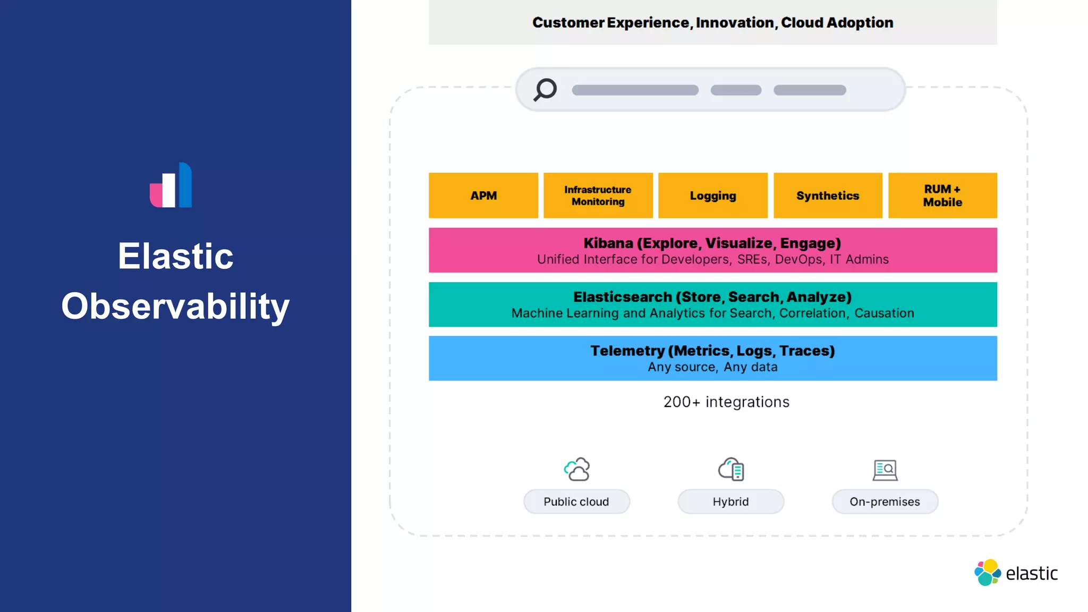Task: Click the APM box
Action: pyautogui.click(x=483, y=195)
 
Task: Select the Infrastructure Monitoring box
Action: pyautogui.click(x=598, y=195)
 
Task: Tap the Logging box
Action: pyautogui.click(x=712, y=195)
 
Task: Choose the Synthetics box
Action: pyautogui.click(x=827, y=195)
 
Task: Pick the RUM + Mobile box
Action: pyautogui.click(x=942, y=195)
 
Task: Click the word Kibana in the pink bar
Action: pyautogui.click(x=608, y=243)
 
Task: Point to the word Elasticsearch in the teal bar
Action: pyautogui.click(x=622, y=297)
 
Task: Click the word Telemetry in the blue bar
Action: pyautogui.click(x=627, y=351)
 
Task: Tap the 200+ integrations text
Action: pyautogui.click(x=726, y=402)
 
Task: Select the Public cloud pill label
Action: pyautogui.click(x=576, y=501)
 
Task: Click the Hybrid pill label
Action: pyautogui.click(x=730, y=501)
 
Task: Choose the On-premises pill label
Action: pyautogui.click(x=885, y=501)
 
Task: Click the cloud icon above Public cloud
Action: pyautogui.click(x=576, y=470)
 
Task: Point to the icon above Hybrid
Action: pyautogui.click(x=731, y=470)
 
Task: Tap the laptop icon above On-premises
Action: pyautogui.click(x=885, y=470)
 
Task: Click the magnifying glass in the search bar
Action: pyautogui.click(x=545, y=89)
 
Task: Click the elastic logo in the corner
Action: pyautogui.click(x=1016, y=573)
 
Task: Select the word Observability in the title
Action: pyautogui.click(x=175, y=307)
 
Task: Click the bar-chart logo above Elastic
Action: pyautogui.click(x=171, y=185)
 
